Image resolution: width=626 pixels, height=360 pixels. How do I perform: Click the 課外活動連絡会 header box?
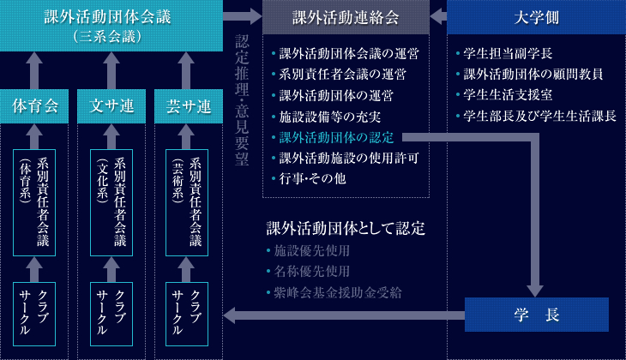[346, 16]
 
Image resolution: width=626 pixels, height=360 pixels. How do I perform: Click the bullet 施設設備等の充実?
[330, 115]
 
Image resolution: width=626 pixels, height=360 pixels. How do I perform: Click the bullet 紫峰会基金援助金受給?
[336, 291]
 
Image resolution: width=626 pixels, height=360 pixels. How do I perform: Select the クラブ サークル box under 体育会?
[34, 313]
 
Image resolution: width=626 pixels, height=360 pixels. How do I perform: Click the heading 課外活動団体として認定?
[346, 230]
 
